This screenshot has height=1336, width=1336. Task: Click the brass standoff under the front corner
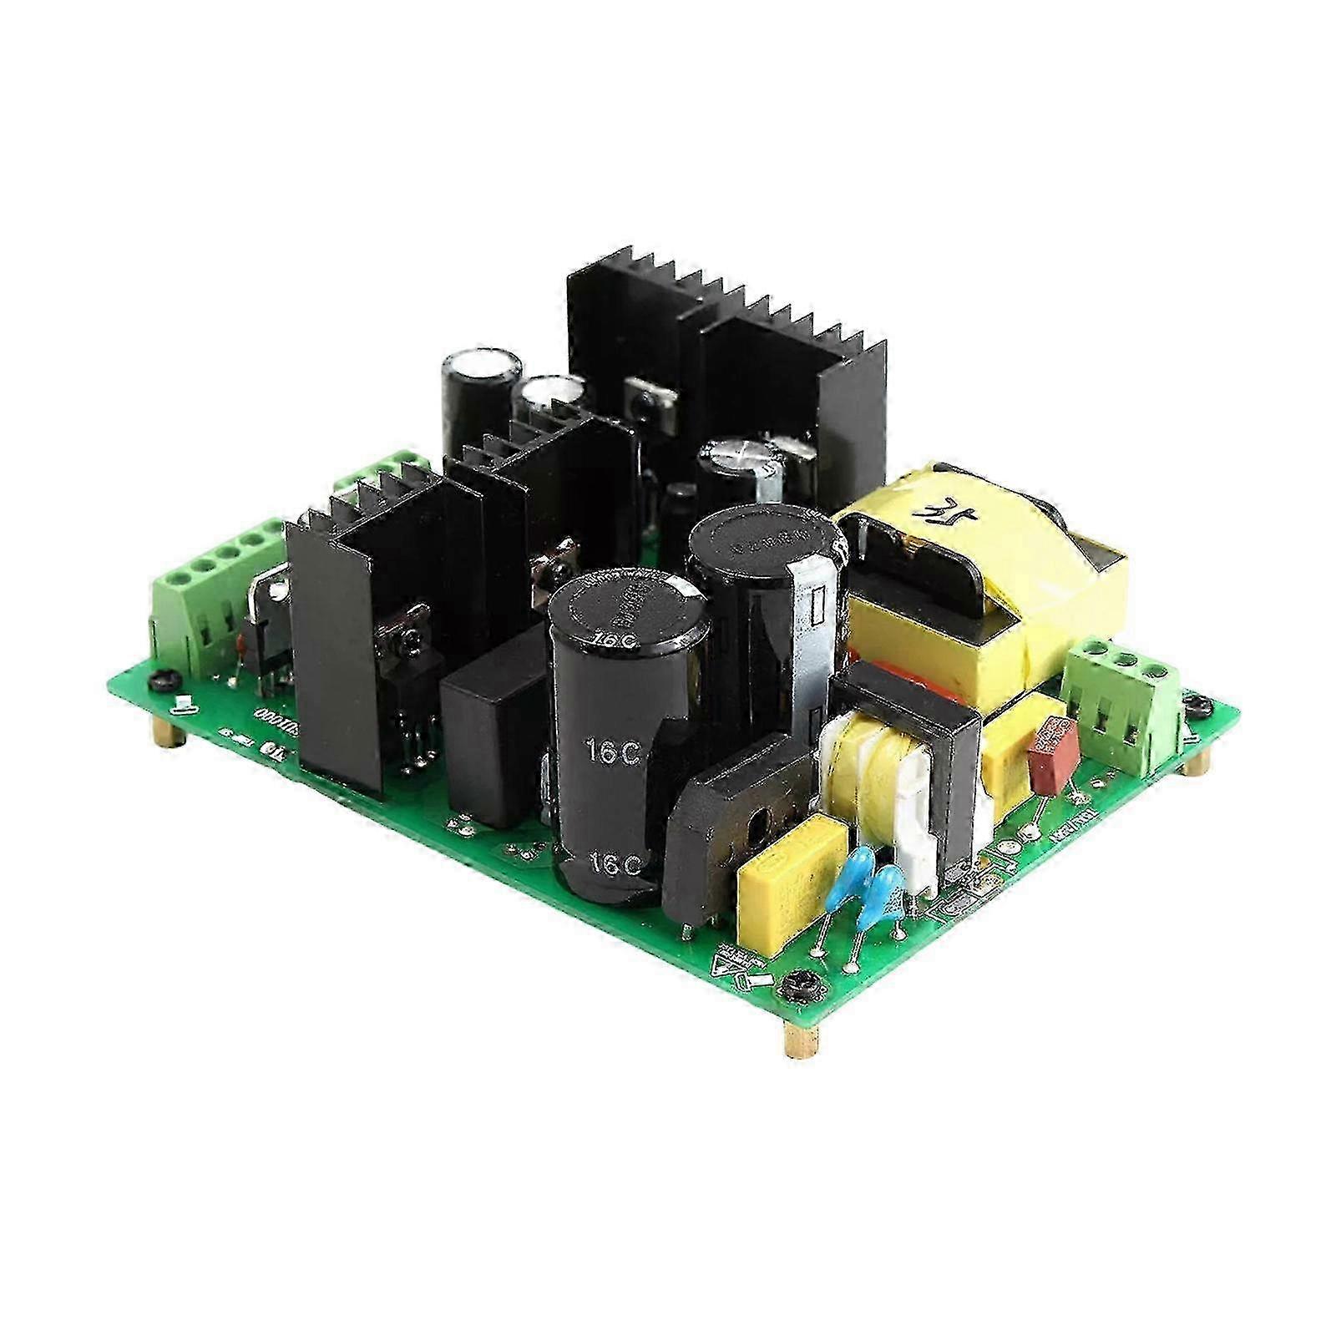797,1040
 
